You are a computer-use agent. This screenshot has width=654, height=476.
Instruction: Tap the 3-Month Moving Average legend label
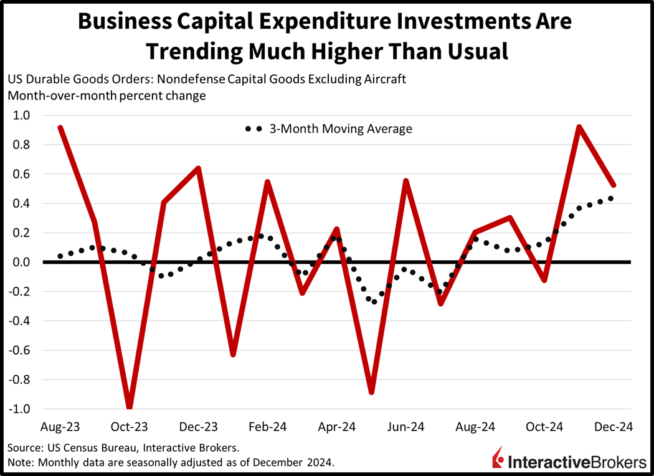click(341, 129)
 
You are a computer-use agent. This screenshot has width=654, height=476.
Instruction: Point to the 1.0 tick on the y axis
click(22, 116)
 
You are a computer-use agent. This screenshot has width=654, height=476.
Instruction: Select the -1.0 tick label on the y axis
click(20, 409)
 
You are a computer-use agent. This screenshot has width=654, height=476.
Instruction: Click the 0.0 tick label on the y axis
click(22, 263)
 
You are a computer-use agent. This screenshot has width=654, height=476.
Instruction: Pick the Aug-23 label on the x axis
click(60, 427)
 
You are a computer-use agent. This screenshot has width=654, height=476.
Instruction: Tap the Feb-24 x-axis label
click(267, 427)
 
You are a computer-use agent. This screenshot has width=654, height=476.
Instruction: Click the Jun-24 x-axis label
click(405, 427)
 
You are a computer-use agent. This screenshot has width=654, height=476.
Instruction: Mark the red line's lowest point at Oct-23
click(130, 408)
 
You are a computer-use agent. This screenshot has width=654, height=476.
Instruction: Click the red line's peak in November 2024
click(579, 128)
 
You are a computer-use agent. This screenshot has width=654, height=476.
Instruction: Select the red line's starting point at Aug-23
click(60, 128)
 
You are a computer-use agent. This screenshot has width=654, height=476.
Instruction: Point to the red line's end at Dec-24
click(614, 185)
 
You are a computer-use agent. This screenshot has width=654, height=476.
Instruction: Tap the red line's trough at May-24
click(372, 392)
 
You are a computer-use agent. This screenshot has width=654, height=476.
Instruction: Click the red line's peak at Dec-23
click(198, 169)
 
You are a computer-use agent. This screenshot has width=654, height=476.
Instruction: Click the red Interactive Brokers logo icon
click(498, 458)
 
